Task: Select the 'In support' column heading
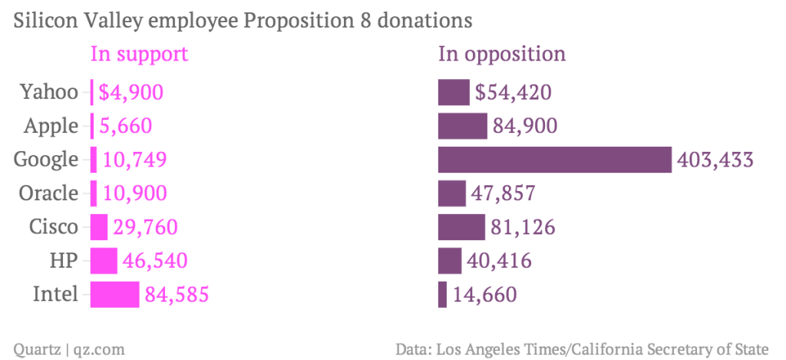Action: point(139,54)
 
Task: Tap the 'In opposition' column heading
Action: point(502,54)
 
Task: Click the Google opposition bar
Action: point(554,160)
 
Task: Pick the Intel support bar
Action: point(114,295)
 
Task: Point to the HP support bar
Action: point(104,261)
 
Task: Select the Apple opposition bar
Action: point(462,126)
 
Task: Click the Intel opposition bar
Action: point(442,295)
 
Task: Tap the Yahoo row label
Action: point(49,93)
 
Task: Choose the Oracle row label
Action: point(48,193)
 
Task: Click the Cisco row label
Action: point(54,227)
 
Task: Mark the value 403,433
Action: point(715,160)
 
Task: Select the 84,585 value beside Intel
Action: point(177,295)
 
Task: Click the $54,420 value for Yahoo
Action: point(514,93)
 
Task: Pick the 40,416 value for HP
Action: point(500,261)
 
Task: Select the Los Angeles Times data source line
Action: point(583,349)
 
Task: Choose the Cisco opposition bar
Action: point(461,227)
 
